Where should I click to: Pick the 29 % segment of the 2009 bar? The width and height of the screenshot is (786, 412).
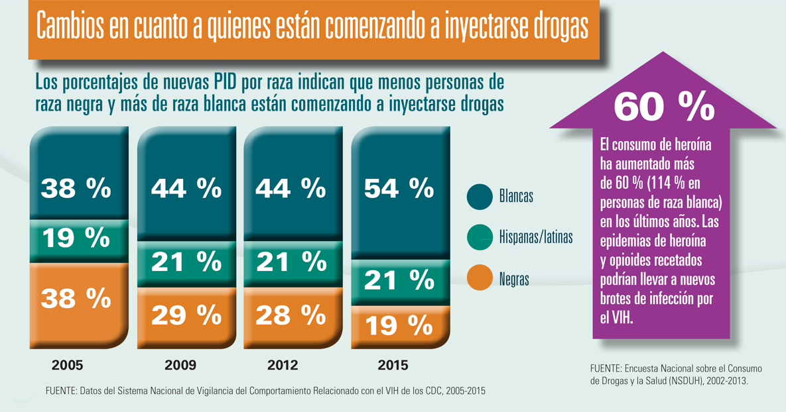click(x=186, y=316)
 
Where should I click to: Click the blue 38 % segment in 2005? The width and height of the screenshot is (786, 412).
click(x=76, y=189)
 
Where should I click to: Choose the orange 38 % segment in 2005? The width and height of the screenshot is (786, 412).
click(x=76, y=299)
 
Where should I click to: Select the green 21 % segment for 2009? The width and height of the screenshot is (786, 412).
click(x=186, y=262)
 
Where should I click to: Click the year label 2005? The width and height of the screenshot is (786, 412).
click(x=68, y=365)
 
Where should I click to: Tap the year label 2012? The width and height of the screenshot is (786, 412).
click(x=283, y=365)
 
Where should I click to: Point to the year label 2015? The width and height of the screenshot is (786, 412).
click(x=393, y=365)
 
